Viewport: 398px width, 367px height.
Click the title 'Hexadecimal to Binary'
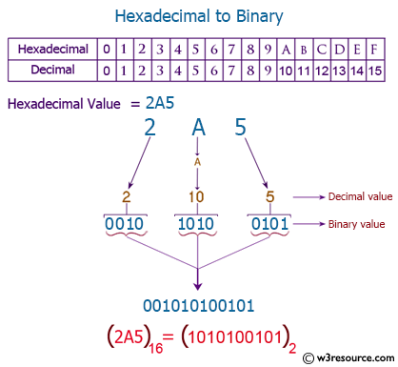[199, 16]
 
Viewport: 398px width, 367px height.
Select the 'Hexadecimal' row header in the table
[54, 49]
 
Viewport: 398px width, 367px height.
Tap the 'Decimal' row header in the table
[54, 70]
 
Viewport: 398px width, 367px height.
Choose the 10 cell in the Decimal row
[283, 70]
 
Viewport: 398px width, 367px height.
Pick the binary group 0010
[125, 225]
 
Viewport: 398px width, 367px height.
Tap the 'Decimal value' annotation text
[359, 196]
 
